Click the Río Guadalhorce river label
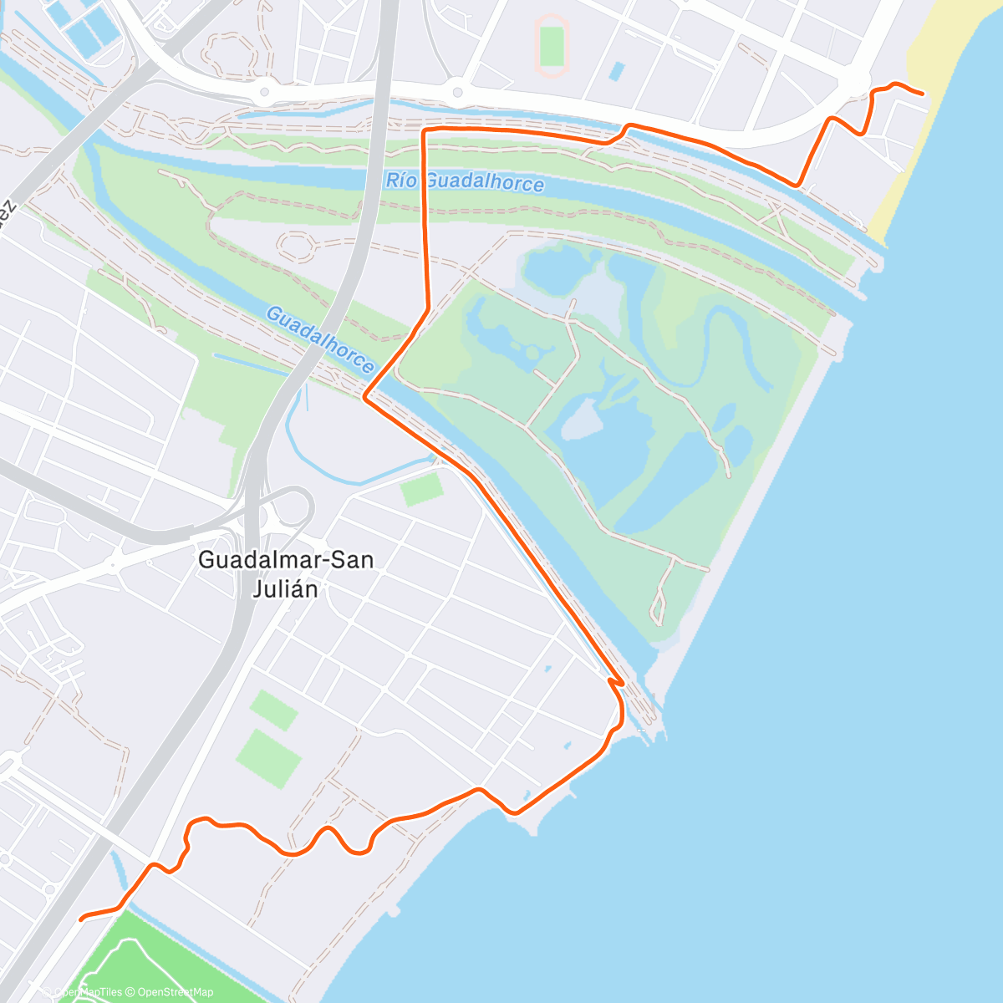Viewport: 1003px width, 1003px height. coord(465,181)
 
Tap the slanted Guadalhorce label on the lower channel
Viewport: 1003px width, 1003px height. coord(319,339)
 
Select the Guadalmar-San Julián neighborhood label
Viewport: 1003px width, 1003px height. coord(285,574)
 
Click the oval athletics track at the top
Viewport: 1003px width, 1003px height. coord(552,46)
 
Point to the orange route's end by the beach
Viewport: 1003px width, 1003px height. coord(922,94)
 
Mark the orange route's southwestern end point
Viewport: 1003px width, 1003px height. coord(81,919)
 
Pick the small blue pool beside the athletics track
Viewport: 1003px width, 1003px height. coord(617,71)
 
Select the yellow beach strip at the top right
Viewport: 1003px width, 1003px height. coord(911,142)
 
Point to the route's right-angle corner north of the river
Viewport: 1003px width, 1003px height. coord(425,131)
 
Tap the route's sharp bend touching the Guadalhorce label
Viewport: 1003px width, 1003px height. coord(365,399)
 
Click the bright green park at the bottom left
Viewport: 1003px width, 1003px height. coord(167,953)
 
